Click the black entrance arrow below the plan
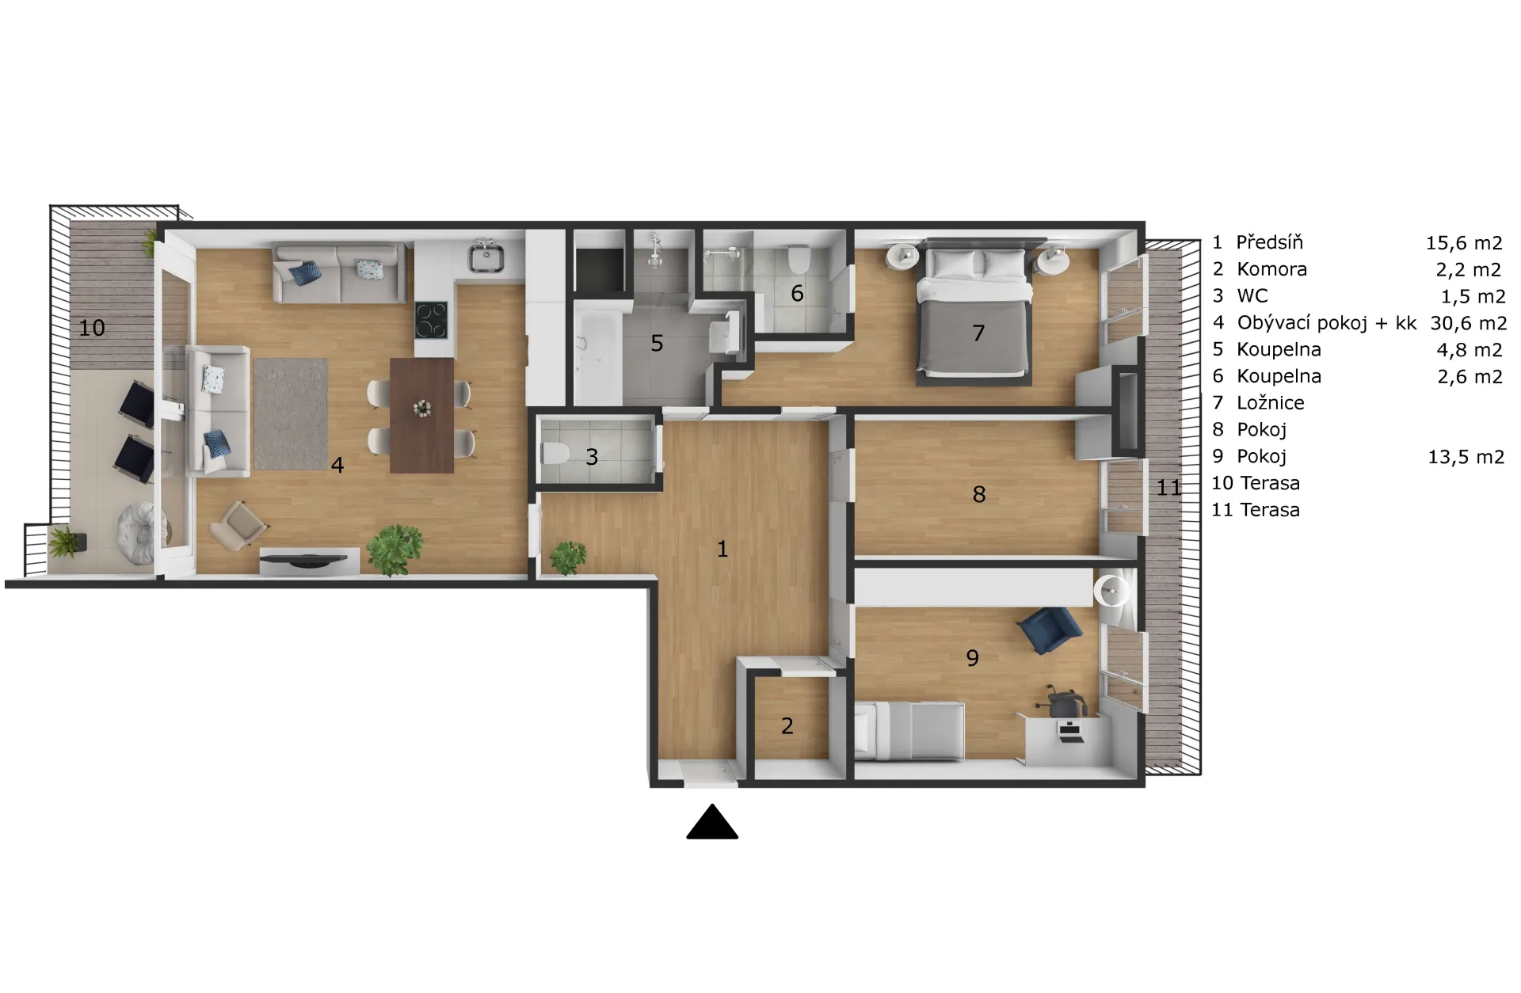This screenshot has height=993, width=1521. (x=712, y=822)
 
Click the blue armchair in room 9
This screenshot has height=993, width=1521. (x=1050, y=630)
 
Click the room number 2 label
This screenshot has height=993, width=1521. (x=787, y=725)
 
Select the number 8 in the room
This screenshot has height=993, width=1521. (x=979, y=494)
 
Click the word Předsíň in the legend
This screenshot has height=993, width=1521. (x=1269, y=242)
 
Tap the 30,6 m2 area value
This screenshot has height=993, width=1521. (x=1469, y=323)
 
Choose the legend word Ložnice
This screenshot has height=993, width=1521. (x=1271, y=402)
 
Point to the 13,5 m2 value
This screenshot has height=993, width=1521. (x=1466, y=456)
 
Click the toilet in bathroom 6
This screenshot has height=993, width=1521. (x=798, y=258)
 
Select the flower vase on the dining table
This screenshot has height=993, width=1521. (x=422, y=407)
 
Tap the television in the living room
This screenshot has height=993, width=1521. (x=303, y=559)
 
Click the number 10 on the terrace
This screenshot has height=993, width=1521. (x=92, y=328)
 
